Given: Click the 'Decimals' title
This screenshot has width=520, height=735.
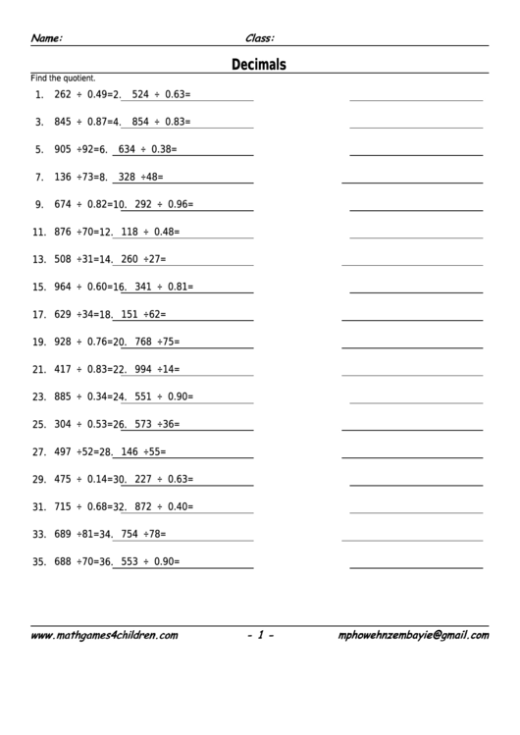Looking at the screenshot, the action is point(259,65).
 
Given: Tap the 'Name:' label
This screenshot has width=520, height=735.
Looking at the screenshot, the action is point(47,38).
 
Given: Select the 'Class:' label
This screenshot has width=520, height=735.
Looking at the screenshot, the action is point(259,38).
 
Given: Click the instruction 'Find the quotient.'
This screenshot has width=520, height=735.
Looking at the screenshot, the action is point(64,78).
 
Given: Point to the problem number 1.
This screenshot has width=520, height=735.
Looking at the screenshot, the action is point(38,95).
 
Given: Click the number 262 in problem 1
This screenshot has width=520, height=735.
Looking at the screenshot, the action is point(63,95).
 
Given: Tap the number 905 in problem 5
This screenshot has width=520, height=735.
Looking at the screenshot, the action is point(63,150).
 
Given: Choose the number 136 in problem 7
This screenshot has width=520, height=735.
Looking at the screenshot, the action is point(63,178).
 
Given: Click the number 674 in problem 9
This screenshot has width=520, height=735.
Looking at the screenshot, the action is point(63,205).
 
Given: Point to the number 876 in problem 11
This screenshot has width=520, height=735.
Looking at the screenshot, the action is point(63,233).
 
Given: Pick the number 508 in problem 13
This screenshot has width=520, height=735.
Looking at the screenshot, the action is point(63,260).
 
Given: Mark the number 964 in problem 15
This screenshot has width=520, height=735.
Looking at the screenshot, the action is point(63,288).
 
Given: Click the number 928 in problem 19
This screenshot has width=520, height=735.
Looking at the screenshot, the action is point(63,342).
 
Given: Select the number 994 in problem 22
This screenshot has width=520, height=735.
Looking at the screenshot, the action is point(143,370).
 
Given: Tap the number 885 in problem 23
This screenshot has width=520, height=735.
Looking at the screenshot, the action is point(63,397).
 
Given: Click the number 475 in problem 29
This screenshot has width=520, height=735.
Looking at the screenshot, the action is point(63,480).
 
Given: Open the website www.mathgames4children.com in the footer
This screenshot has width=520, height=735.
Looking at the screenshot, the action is point(104,636).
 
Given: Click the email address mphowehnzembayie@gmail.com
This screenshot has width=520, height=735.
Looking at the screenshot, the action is point(413,636).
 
